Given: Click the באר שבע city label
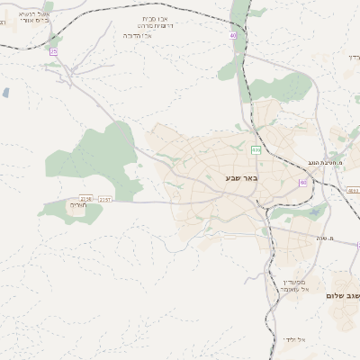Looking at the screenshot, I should (x=242, y=178).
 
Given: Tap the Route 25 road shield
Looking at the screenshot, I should (x=53, y=51).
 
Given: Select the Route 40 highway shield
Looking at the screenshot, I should (x=232, y=35).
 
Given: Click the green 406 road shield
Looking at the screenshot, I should (x=256, y=149).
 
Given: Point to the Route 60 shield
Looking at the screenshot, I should (x=302, y=183).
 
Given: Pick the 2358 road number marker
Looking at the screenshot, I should (x=85, y=198).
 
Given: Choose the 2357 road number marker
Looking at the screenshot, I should (x=105, y=198).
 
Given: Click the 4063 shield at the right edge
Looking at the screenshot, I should (x=353, y=191).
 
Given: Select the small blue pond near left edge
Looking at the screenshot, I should (x=6, y=92).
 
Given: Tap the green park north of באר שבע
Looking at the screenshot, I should (x=288, y=86).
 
